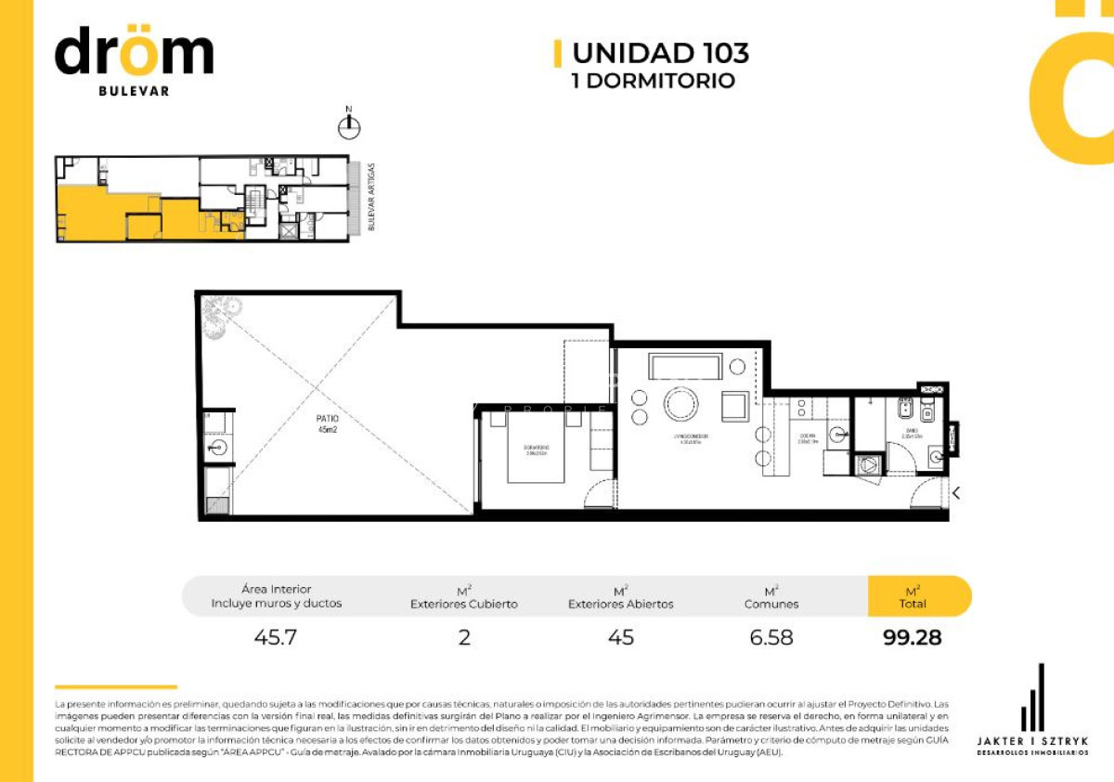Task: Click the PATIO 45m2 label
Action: pos(327,424)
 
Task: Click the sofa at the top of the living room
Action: pos(685,368)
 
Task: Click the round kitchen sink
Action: pos(839,434)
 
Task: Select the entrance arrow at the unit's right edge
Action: pos(955,493)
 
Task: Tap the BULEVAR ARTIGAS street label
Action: pos(371,197)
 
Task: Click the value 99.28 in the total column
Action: pos(913,638)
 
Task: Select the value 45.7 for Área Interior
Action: pos(276,638)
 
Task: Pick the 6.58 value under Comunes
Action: pos(771,638)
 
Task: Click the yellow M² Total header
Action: pos(913,596)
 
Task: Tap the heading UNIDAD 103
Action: pos(660,53)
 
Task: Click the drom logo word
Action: pos(134,54)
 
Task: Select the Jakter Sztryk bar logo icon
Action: pos(1032,698)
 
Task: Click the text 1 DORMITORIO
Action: pos(653,81)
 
